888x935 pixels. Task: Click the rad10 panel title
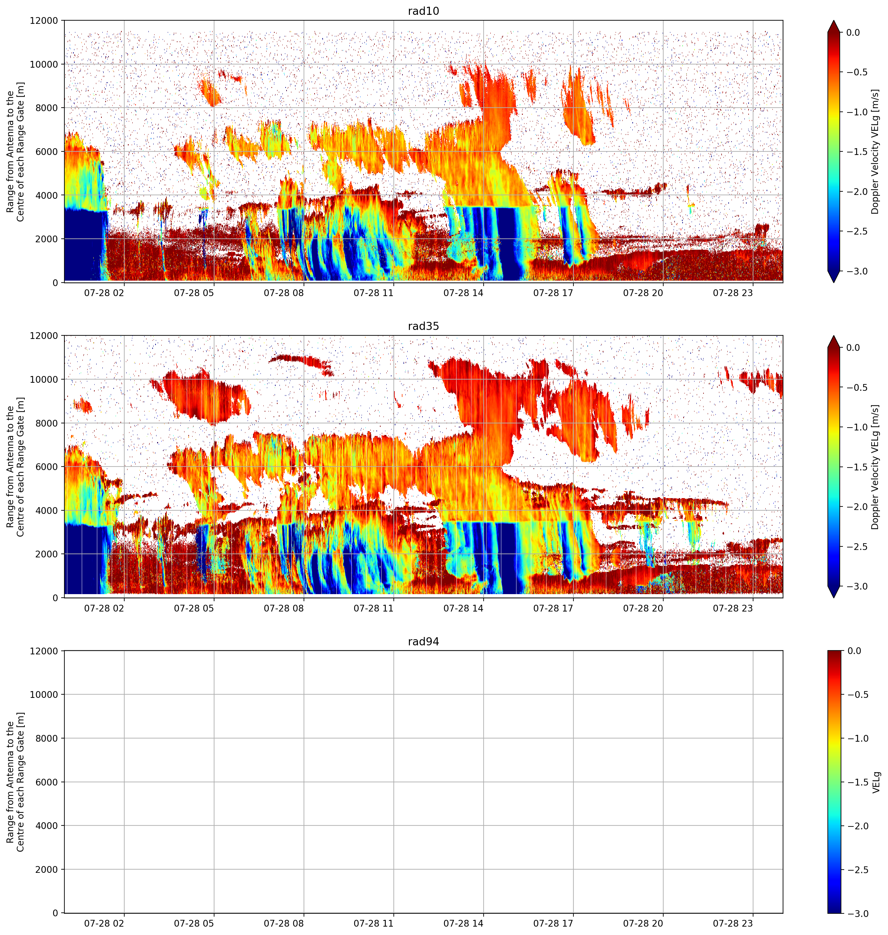click(x=423, y=11)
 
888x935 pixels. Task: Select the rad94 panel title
click(x=423, y=641)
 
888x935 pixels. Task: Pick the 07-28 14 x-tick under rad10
click(x=463, y=293)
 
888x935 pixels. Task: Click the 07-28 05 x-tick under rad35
click(x=194, y=608)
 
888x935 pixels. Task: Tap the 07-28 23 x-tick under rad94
click(x=733, y=924)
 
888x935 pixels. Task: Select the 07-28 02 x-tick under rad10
click(x=104, y=293)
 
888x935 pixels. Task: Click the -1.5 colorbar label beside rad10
click(x=856, y=151)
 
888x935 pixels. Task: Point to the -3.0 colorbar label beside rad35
click(x=856, y=586)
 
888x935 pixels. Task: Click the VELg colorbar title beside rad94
click(x=876, y=782)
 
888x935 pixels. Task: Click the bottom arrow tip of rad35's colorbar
click(x=834, y=597)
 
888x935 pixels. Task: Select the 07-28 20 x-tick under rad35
click(x=643, y=608)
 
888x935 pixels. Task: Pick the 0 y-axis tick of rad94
click(x=55, y=913)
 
